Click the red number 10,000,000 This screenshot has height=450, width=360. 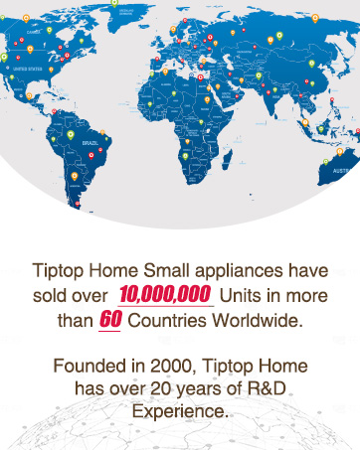pos(164,295)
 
